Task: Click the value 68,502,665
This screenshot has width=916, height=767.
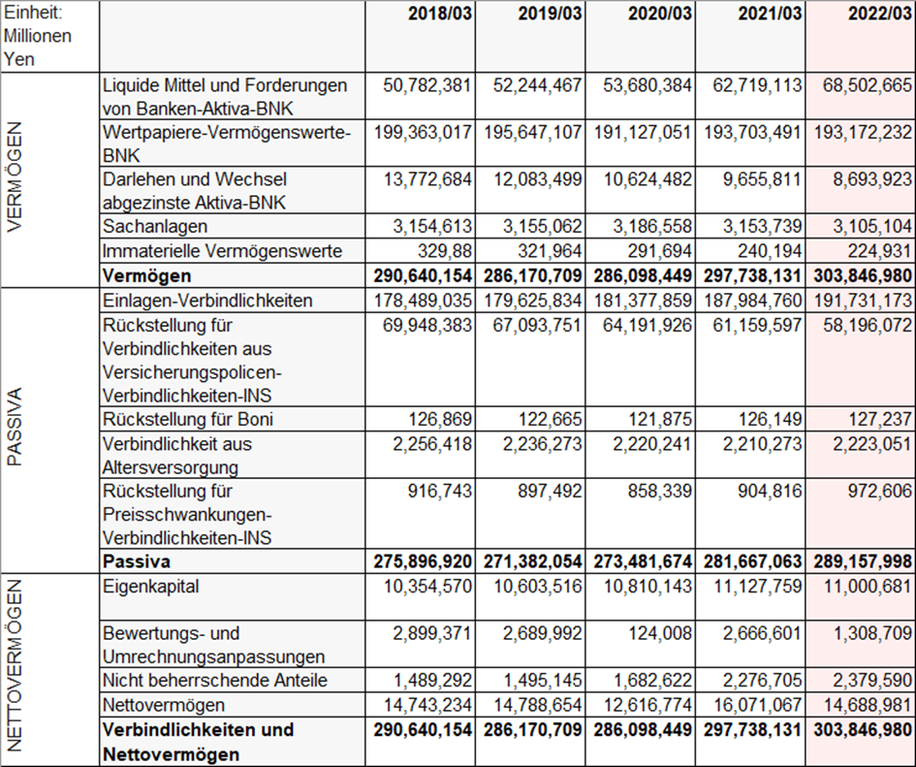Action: (x=862, y=85)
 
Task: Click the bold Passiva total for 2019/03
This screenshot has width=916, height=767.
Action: (x=528, y=562)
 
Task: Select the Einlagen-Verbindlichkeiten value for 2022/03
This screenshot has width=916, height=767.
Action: (x=862, y=301)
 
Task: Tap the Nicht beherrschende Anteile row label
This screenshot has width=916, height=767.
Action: (x=215, y=680)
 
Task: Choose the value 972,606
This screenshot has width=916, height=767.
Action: (x=877, y=492)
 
